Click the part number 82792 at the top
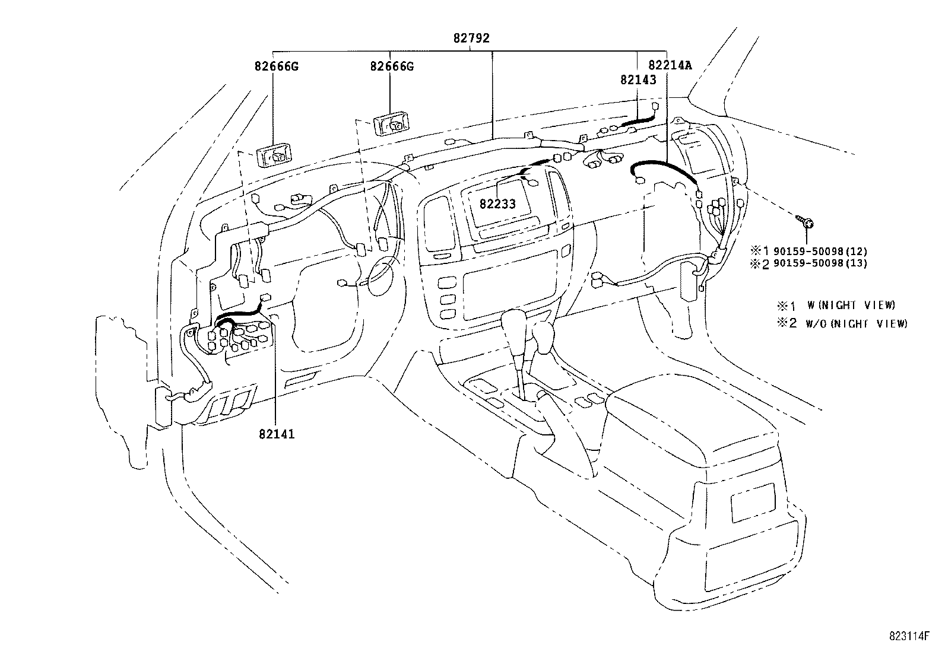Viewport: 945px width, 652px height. (x=471, y=39)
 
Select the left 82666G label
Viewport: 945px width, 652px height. (x=277, y=66)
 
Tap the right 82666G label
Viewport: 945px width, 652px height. (x=392, y=66)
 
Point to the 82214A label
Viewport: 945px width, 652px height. (x=670, y=65)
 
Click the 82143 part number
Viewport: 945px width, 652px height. (x=638, y=79)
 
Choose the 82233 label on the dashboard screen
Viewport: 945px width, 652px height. (x=498, y=204)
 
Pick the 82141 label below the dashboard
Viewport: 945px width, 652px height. (x=277, y=434)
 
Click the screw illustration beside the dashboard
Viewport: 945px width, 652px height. (x=804, y=222)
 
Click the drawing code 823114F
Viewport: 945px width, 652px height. (x=909, y=637)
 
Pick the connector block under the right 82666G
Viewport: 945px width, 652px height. (x=391, y=123)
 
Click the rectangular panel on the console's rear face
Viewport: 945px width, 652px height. (x=753, y=502)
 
